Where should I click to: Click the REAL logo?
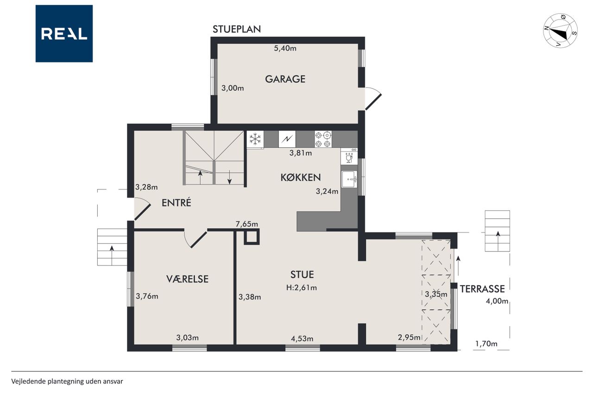[x=64, y=34]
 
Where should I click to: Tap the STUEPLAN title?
[x=237, y=29]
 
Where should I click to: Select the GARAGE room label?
[x=285, y=79]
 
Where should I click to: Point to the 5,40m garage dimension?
[x=285, y=49]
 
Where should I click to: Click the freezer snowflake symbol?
[x=255, y=139]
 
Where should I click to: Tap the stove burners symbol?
[x=323, y=139]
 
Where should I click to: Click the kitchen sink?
[x=349, y=179]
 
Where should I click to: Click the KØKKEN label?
[x=301, y=177]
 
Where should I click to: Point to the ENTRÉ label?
[x=177, y=203]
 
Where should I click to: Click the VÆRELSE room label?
[x=188, y=279]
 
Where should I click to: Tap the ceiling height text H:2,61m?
[x=302, y=288]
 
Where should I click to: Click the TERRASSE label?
[x=482, y=289]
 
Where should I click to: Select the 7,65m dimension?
[x=247, y=224]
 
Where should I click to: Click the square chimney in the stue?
[x=252, y=237]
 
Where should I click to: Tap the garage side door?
[x=373, y=99]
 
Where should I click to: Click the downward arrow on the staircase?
[x=229, y=177]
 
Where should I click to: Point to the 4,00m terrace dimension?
[x=497, y=301]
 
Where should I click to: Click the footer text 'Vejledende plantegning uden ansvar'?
[x=67, y=381]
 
